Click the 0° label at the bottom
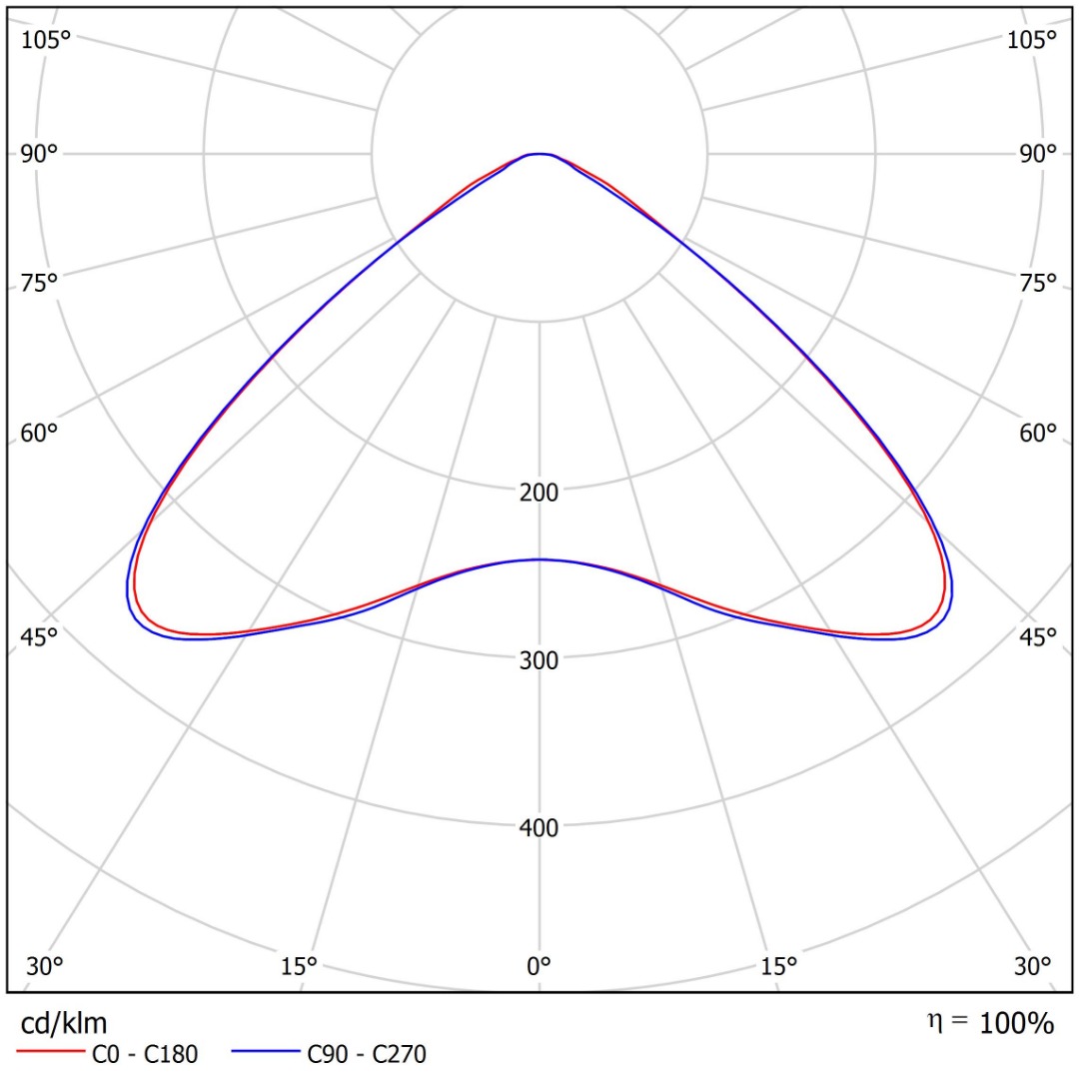pos(539,967)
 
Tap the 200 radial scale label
pos(539,493)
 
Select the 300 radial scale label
pos(539,660)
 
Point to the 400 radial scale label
pos(539,828)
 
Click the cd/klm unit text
pos(64,1024)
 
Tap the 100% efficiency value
pos(1016,1024)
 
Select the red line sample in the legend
pos(50,1051)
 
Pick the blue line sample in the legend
pos(266,1051)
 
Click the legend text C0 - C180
pos(145,1054)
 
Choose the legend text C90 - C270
pos(367,1054)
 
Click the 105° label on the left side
pos(46,40)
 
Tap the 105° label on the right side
pos(1031,40)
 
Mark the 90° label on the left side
pos(39,154)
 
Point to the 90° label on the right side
pos(1038,154)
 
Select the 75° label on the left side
pos(39,283)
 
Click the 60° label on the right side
pos(1038,433)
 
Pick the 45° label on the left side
pos(39,637)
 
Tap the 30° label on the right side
pos(1032,967)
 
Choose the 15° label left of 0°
pos(299,967)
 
